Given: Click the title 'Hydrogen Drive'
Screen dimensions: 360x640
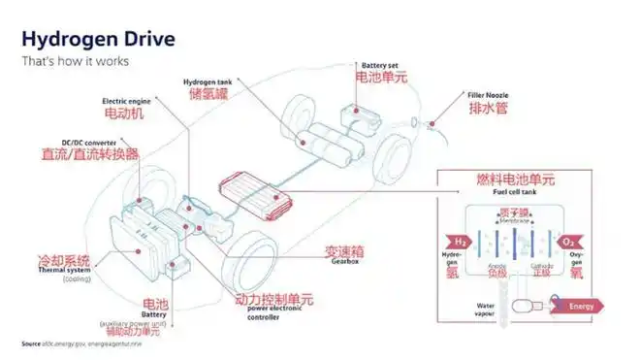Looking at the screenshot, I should (x=98, y=39).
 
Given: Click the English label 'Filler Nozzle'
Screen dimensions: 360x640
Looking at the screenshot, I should (x=488, y=95).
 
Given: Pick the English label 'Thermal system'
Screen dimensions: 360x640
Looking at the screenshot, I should (x=62, y=272).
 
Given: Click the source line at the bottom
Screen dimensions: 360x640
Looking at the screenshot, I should (x=81, y=344).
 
